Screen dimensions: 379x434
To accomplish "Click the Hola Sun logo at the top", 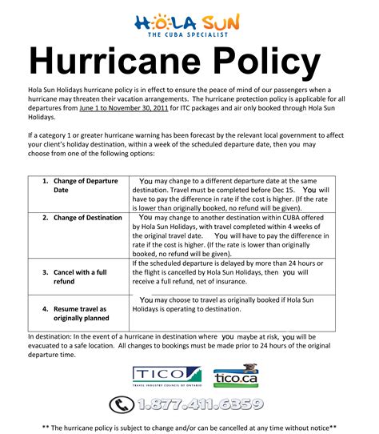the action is pos(189,20).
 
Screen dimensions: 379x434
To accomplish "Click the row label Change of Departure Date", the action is pos(79,186).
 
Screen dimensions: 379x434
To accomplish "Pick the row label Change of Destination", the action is pos(82,217).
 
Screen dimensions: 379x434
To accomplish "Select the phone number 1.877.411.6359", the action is pos(199,404).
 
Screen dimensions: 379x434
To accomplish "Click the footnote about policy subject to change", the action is pos(189,428).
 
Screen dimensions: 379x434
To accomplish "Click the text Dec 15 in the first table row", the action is pos(283,190).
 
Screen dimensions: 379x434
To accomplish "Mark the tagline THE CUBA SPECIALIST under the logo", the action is pos(189,35).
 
